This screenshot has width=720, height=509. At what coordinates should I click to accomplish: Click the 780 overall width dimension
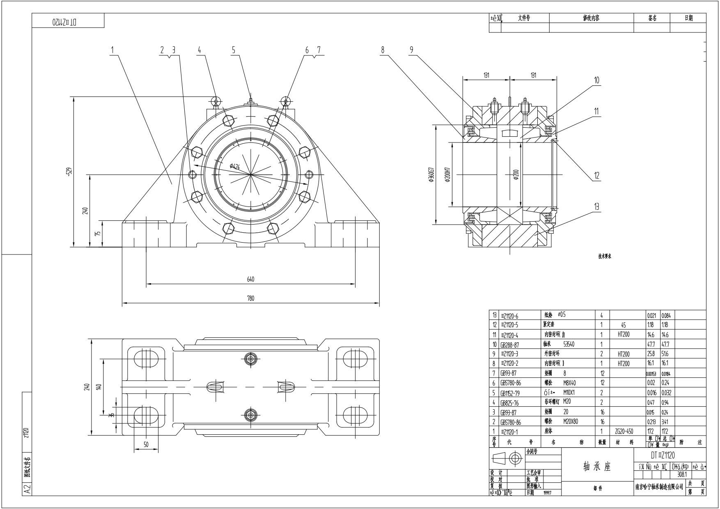pyautogui.click(x=250, y=298)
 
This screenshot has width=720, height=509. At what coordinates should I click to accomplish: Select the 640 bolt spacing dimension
pyautogui.click(x=250, y=280)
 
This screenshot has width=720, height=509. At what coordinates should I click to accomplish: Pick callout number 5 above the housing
pyautogui.click(x=234, y=50)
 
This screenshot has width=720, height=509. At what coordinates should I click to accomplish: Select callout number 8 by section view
pyautogui.click(x=383, y=50)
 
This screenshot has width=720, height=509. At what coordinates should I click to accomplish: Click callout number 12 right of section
pyautogui.click(x=596, y=176)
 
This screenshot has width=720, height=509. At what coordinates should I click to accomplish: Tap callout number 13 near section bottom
pyautogui.click(x=596, y=207)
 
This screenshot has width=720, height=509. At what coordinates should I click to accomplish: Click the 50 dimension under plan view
pyautogui.click(x=146, y=445)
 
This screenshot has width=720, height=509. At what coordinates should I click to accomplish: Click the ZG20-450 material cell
pyautogui.click(x=624, y=431)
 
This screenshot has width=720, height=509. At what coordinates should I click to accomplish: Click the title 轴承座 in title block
pyautogui.click(x=597, y=467)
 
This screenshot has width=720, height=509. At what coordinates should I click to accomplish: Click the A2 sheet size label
pyautogui.click(x=27, y=489)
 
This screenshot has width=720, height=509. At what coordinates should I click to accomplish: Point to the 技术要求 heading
pyautogui.click(x=605, y=257)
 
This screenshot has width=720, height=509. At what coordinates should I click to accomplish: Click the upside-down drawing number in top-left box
pyautogui.click(x=64, y=22)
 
